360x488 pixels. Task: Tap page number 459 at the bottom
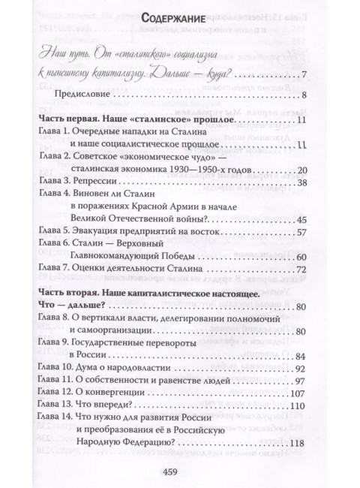(180, 470)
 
